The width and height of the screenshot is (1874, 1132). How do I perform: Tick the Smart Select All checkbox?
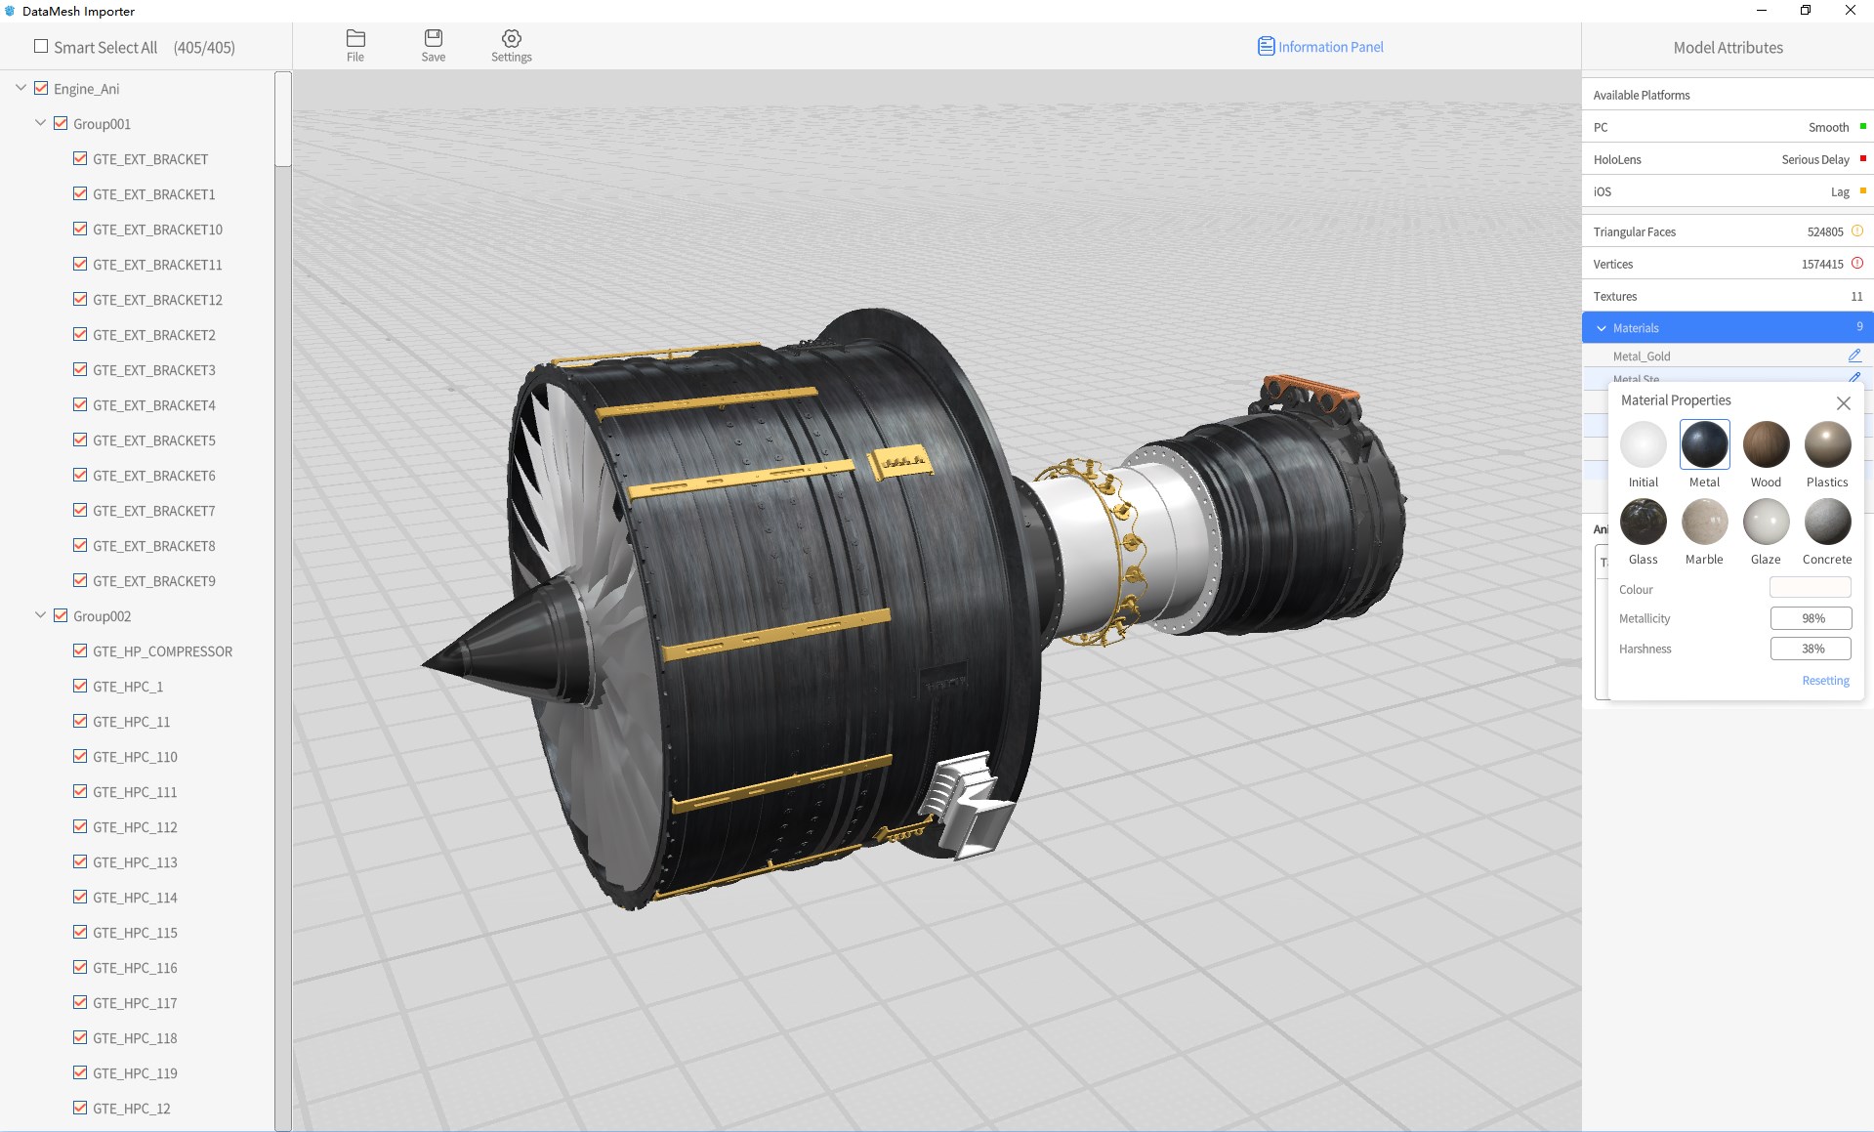(41, 46)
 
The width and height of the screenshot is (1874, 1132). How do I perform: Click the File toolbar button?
(355, 46)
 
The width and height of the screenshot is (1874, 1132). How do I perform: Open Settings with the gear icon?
(512, 38)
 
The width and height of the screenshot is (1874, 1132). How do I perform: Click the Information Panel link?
(1320, 47)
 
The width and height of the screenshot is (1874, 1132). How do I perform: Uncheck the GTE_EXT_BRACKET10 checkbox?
(80, 229)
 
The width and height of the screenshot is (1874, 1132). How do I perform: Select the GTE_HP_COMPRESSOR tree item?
(162, 651)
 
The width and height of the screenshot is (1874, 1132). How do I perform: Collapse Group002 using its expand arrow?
(40, 615)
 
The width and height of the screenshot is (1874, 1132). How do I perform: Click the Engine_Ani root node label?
(87, 89)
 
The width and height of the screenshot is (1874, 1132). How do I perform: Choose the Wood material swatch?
(1766, 444)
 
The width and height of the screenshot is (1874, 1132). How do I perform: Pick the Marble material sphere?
(1704, 522)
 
